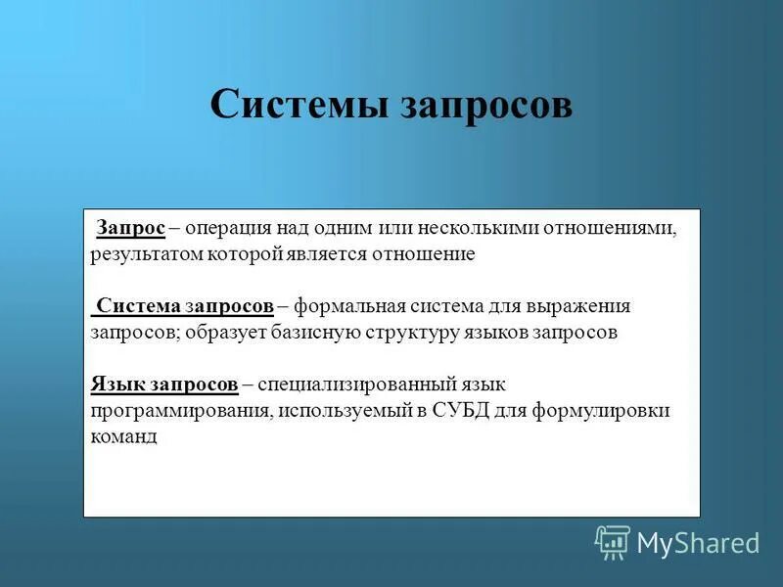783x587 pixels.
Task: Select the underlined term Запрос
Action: pyautogui.click(x=130, y=228)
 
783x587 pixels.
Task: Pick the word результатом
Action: pyautogui.click(x=147, y=254)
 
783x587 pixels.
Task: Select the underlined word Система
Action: pyautogui.click(x=138, y=306)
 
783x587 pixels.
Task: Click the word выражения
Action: pyautogui.click(x=581, y=306)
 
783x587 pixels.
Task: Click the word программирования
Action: pyautogui.click(x=180, y=411)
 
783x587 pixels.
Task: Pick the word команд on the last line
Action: pyautogui.click(x=122, y=437)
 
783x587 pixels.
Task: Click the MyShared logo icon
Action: pyautogui.click(x=612, y=542)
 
